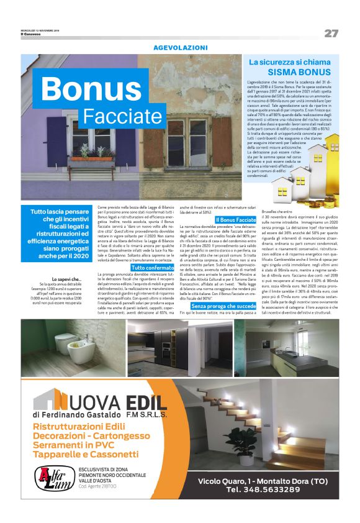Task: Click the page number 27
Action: click(331, 32)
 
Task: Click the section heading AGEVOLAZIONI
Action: click(180, 47)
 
